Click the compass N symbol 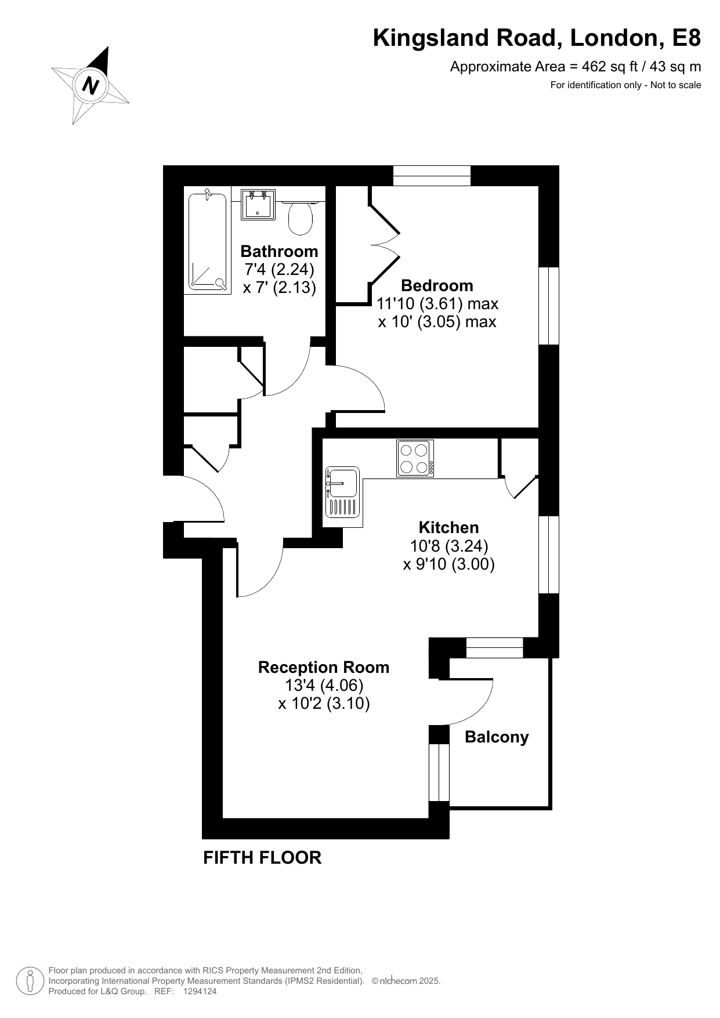[90, 86]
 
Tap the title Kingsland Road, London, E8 [537, 38]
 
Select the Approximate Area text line [576, 67]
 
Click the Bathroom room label [279, 251]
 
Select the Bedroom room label [437, 285]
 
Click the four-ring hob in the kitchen [415, 458]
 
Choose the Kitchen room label [448, 527]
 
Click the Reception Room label [324, 667]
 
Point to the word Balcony [497, 737]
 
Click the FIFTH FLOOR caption [262, 857]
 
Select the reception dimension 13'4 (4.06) [324, 685]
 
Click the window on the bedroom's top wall [432, 176]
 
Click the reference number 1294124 [200, 992]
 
